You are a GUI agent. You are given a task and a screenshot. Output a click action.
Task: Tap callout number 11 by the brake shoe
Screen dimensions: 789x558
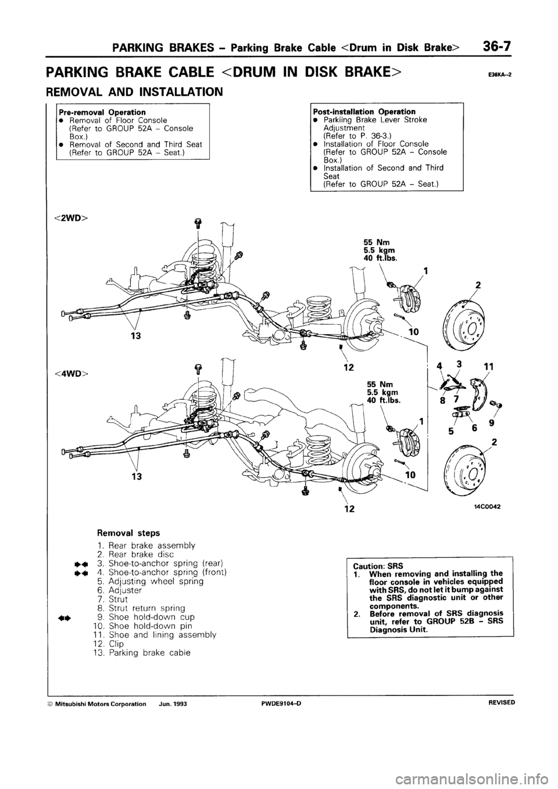[x=488, y=367]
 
